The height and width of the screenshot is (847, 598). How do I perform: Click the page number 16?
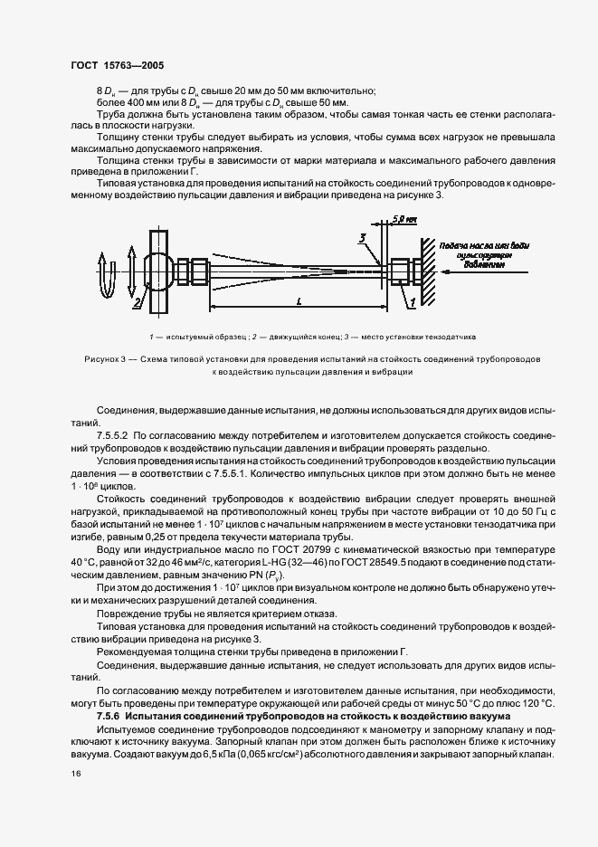[x=75, y=774]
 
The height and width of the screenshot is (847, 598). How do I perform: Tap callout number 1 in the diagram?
[x=413, y=300]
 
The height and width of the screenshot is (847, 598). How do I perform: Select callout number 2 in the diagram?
[x=138, y=304]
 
